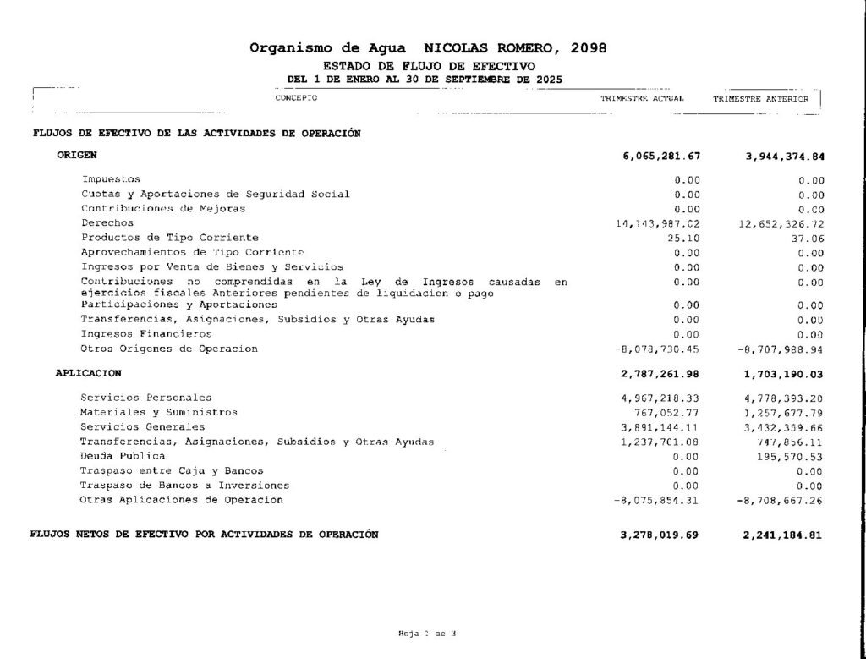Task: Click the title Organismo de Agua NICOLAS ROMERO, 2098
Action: [x=428, y=47]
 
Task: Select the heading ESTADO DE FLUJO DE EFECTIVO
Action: [x=429, y=66]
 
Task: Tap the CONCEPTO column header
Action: [x=296, y=98]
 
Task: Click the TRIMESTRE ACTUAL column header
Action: [x=642, y=99]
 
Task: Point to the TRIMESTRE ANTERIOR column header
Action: [x=760, y=99]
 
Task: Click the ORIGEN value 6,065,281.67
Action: [x=660, y=157]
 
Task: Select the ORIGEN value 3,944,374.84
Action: [x=785, y=157]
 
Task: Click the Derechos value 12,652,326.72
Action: [x=781, y=224]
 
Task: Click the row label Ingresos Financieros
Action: [x=134, y=334]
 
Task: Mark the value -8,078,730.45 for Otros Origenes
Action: [x=657, y=349]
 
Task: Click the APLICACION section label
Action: [x=89, y=373]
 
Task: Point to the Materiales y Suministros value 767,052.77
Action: [x=667, y=413]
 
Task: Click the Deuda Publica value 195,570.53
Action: [x=790, y=457]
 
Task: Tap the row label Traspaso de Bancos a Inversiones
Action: [x=184, y=486]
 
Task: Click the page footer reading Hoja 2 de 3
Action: [x=427, y=634]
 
